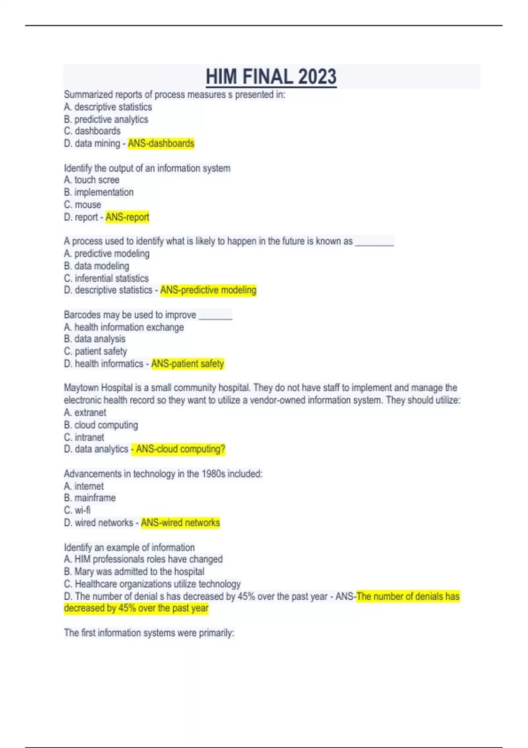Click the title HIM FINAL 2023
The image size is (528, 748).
pos(271,77)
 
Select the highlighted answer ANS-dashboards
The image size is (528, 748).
pos(161,143)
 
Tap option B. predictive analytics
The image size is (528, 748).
pos(106,119)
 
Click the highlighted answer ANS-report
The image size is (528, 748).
pos(127,217)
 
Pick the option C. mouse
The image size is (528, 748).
pos(83,205)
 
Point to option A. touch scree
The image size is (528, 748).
pos(92,180)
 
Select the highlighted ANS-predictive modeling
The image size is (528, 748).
pos(208,290)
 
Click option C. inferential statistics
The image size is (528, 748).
pos(106,278)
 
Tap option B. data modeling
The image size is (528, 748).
pos(97,266)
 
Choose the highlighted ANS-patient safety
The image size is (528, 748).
pos(187,363)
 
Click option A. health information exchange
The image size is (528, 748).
pos(124,327)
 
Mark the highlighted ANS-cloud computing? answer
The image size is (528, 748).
pos(179,449)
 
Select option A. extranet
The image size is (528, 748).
pos(85,413)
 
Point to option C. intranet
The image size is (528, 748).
pos(84,437)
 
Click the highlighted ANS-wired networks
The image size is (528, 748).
pos(180,523)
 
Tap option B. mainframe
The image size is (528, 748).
pos(90,498)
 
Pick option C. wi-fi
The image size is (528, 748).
pos(77,510)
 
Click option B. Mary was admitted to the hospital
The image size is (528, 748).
pos(134,572)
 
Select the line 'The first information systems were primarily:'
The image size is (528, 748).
pos(149,633)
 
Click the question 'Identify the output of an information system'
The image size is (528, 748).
pos(147,168)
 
